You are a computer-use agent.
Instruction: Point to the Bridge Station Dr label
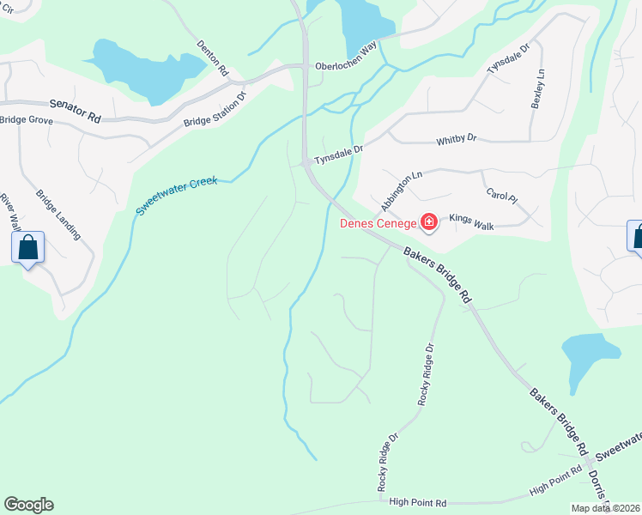tap(215, 108)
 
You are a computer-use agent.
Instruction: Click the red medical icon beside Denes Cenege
tap(428, 224)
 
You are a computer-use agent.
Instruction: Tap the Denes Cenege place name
tap(378, 224)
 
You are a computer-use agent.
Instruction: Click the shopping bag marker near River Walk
tap(28, 248)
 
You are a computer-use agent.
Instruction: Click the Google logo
tap(28, 505)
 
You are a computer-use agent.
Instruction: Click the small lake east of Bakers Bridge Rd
tap(590, 354)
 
